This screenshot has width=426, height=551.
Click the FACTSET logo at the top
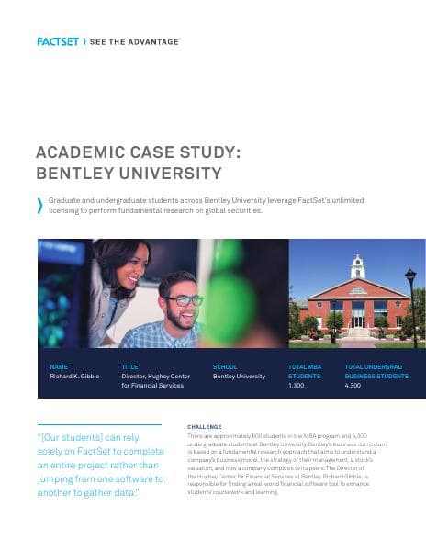click(57, 41)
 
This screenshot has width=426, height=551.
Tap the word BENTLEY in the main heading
click(73, 172)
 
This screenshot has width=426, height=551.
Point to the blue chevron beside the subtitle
click(39, 206)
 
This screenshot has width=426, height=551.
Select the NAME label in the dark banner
click(59, 366)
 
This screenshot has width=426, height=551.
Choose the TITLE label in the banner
click(129, 366)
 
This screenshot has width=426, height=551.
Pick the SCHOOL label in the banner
click(225, 366)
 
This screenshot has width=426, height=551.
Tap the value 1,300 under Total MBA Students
click(296, 386)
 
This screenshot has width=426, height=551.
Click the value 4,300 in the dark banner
click(353, 386)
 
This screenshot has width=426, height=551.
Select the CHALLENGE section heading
click(205, 427)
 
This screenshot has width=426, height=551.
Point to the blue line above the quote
click(99, 424)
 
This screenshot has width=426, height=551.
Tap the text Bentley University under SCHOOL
click(239, 376)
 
